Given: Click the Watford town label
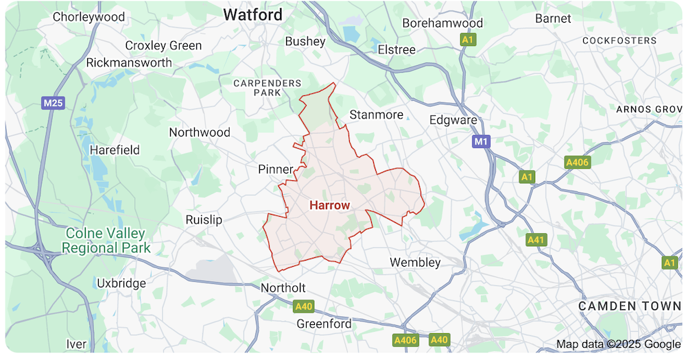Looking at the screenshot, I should point(252,14).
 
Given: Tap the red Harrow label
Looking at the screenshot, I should point(329,205).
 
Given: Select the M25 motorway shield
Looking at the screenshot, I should point(53,103).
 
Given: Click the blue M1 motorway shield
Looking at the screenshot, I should point(482,141).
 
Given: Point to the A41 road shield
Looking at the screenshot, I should point(536,240).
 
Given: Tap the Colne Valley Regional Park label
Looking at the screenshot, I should point(106,240).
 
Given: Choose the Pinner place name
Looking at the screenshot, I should point(276,169).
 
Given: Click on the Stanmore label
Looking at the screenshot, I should point(376,115).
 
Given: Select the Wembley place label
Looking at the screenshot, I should point(415,263).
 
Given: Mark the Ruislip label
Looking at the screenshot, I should point(204,219).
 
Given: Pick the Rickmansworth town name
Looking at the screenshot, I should point(129,62).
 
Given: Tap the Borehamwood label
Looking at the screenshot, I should point(442,23).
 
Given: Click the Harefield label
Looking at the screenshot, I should point(115,149).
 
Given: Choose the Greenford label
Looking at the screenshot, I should point(324,324).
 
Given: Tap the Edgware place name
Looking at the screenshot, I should point(453,120).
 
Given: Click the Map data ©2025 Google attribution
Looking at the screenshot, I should point(618,344).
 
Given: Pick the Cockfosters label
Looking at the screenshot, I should point(619,40).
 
